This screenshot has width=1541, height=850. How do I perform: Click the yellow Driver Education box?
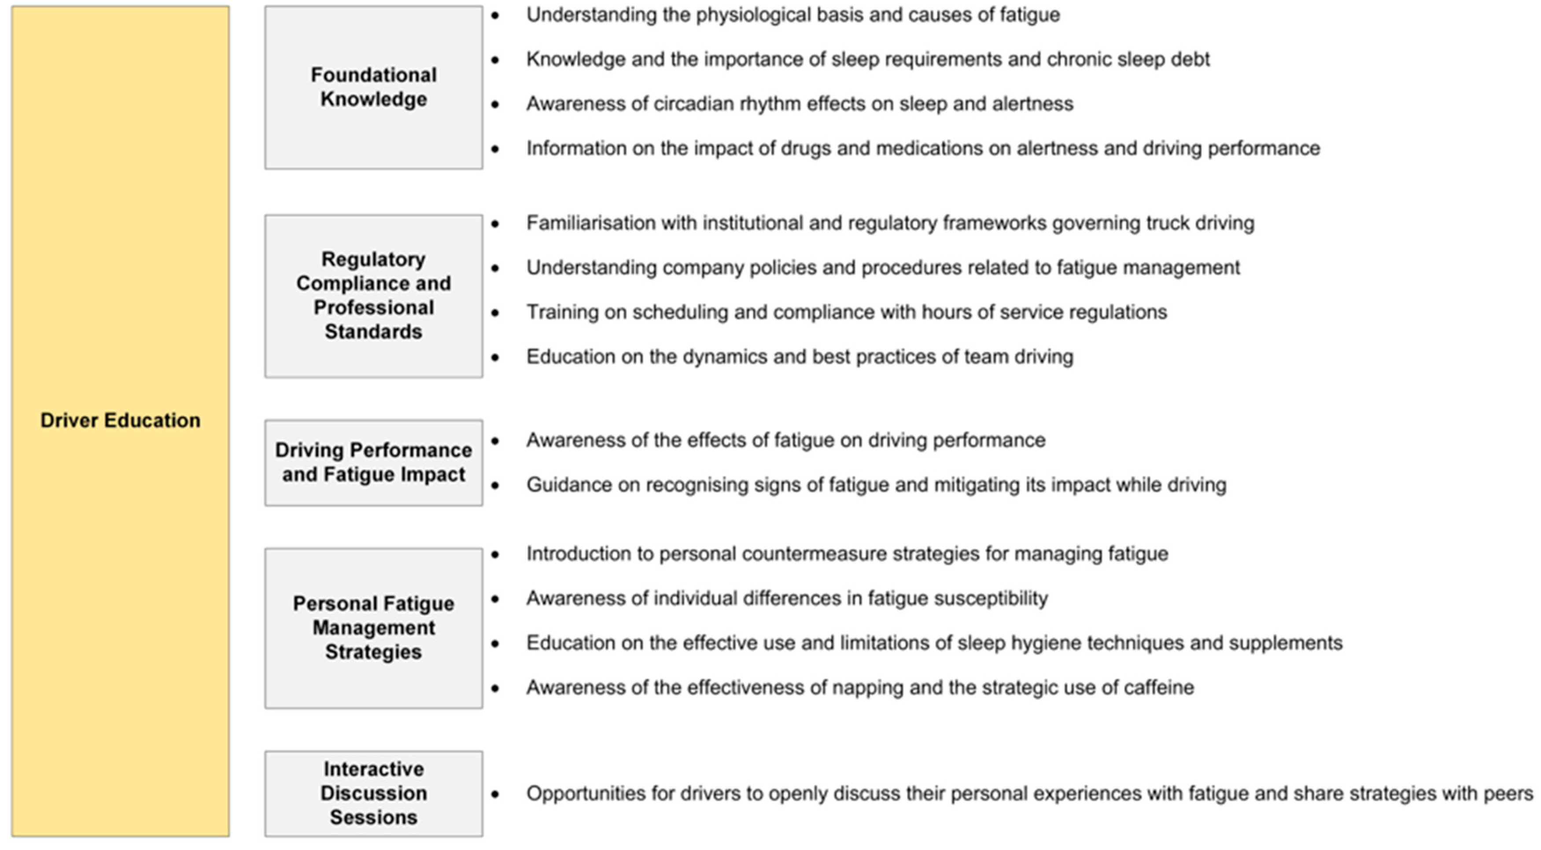coord(120,421)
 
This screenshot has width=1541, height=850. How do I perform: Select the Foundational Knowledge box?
coord(373,87)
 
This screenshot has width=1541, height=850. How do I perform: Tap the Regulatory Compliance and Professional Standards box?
coord(373,296)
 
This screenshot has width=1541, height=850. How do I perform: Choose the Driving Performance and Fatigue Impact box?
coord(373,462)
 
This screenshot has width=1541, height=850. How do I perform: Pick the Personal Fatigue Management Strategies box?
coord(373,628)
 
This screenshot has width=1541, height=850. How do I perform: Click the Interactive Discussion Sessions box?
coord(373,793)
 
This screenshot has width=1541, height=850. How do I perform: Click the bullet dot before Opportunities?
coord(495,794)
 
